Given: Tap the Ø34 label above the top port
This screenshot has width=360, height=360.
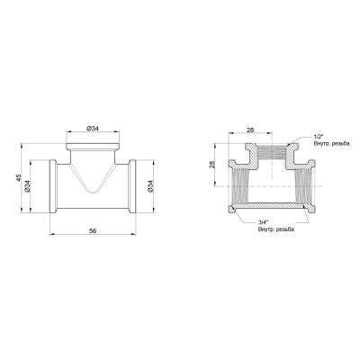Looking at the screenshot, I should pyautogui.click(x=93, y=127).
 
